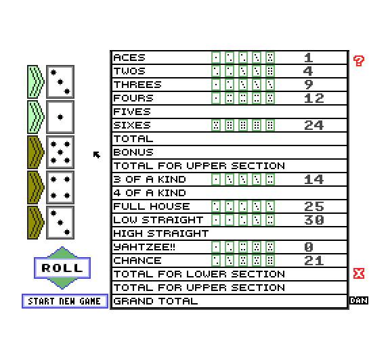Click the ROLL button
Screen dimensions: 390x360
pos(62,268)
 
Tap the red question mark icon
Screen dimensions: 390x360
pos(359,61)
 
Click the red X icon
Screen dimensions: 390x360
pos(359,273)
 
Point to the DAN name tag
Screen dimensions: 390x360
pos(359,300)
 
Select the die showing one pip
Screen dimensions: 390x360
pos(60,117)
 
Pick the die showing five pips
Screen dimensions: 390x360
pos(60,152)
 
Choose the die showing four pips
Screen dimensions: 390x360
pos(60,187)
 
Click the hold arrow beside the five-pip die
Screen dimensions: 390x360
pos(36,152)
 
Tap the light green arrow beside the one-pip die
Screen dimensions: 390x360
pos(36,117)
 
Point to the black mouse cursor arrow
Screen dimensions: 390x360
pos(97,155)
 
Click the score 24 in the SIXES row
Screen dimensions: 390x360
pos(314,125)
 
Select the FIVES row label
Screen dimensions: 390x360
pos(132,112)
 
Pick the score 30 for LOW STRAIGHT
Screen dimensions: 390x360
pos(314,220)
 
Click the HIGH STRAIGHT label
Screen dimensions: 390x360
pos(161,233)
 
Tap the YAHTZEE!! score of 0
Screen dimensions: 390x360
pos(309,247)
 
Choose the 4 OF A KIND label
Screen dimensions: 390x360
pos(150,193)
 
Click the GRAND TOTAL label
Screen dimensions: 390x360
pos(156,301)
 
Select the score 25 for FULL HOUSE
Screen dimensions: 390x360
pos(314,206)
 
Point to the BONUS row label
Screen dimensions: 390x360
pos(133,152)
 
